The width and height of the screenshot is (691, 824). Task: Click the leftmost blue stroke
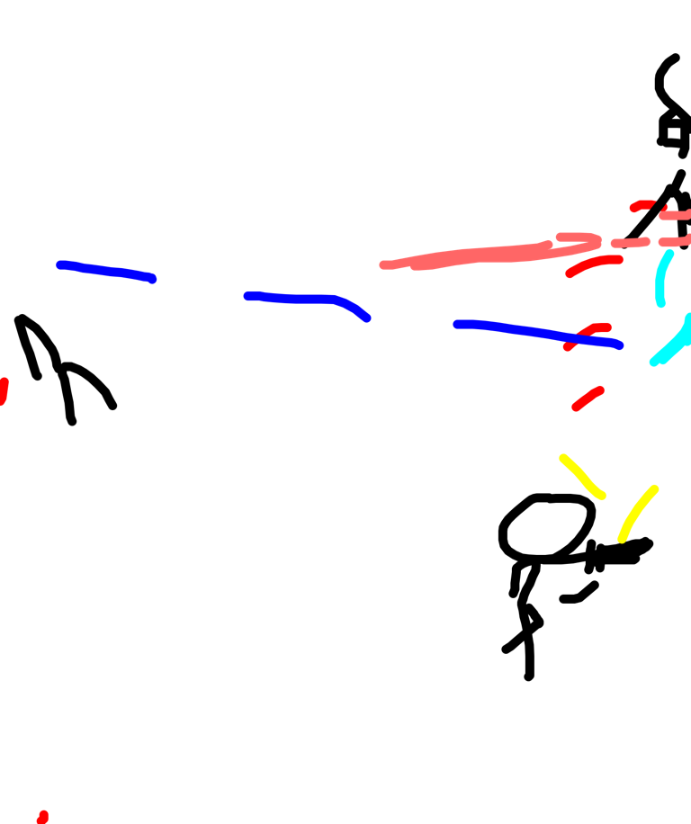106,271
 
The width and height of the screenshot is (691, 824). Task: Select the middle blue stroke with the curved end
297,298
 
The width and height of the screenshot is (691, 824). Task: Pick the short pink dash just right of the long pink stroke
630,243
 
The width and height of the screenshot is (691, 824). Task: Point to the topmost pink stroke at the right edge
675,215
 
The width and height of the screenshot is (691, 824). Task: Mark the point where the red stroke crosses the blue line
579,336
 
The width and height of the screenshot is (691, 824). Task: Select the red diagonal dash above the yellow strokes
588,398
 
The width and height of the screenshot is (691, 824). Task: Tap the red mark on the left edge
4,391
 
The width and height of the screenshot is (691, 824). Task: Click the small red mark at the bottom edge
41,818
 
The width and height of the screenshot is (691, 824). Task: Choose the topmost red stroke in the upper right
642,206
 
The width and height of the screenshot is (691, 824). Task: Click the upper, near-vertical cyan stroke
663,279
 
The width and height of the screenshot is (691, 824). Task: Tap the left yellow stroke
581,477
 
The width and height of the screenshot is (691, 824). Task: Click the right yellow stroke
637,513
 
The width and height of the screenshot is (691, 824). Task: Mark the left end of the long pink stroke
385,264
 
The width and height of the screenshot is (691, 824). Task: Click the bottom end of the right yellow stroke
622,539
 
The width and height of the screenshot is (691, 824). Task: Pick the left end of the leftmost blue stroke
60,264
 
